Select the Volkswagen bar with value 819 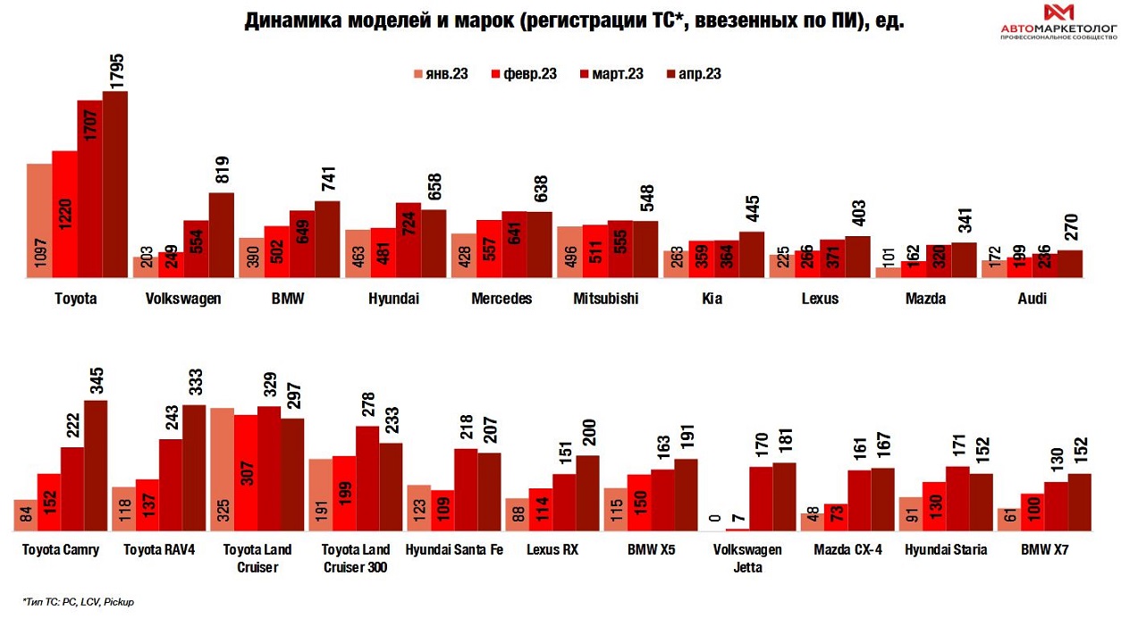pos(221,236)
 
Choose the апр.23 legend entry pos(693,74)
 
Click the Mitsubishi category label pos(606,299)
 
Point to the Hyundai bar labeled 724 pos(409,242)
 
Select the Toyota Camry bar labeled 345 pos(95,466)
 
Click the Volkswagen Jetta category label pos(748,558)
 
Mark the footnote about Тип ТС pos(78,602)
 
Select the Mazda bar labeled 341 pos(964,260)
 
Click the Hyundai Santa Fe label pos(454,549)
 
